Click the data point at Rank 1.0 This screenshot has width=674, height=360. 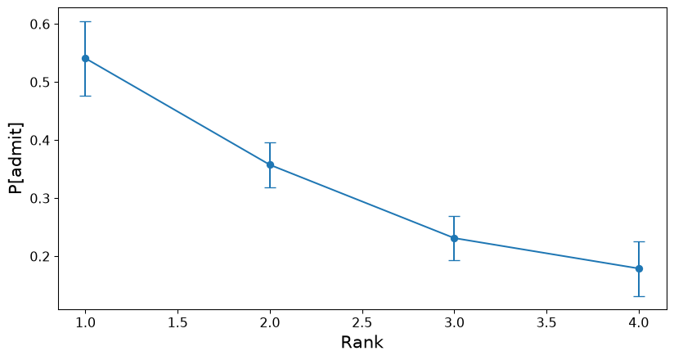coord(85,58)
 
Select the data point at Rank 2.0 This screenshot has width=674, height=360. coord(270,164)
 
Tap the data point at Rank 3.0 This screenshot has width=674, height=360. coord(454,238)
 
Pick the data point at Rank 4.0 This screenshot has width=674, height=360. coord(639,269)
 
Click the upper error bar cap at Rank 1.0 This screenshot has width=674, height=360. coord(85,21)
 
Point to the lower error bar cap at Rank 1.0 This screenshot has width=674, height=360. coord(85,96)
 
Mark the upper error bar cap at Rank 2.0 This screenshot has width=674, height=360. coord(270,143)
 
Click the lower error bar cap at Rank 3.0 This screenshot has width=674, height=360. coord(454,261)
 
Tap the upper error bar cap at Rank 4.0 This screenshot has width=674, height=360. coord(639,241)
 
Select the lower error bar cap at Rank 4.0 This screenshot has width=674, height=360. coord(639,296)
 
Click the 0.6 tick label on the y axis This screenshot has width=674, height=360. coord(40,24)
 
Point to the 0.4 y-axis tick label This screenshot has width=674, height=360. coord(40,140)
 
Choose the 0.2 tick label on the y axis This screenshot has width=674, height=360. coord(40,257)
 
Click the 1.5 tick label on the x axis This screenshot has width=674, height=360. coord(177,322)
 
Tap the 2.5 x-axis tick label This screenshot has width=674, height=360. coord(362,322)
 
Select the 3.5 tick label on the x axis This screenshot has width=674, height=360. coord(546,322)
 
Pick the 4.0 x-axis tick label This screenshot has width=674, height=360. coord(639,322)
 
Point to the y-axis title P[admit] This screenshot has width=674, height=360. coord(16,158)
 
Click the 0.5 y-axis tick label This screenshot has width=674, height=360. coord(40,82)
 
